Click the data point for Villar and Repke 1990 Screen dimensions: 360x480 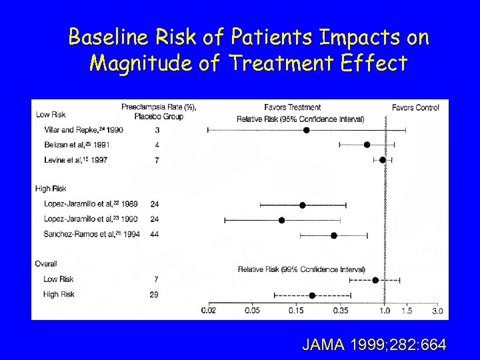click(x=307, y=130)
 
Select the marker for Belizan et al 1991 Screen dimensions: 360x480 click(x=367, y=145)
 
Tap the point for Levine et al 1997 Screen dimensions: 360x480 click(x=382, y=160)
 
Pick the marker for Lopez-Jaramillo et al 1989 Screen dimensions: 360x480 click(x=302, y=205)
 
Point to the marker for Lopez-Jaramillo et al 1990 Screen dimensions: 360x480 click(x=281, y=220)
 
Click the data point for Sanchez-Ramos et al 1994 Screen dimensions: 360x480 click(x=334, y=235)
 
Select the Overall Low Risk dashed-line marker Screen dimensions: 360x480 click(x=375, y=281)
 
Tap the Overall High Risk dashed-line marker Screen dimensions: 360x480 click(x=312, y=295)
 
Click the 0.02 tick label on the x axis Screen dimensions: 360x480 click(x=209, y=311)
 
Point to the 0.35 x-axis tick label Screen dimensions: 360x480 click(x=340, y=311)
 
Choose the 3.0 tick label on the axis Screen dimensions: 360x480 click(x=437, y=311)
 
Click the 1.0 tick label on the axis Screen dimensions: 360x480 click(x=385, y=311)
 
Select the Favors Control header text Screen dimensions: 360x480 click(x=415, y=107)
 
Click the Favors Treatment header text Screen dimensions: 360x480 click(x=293, y=107)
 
